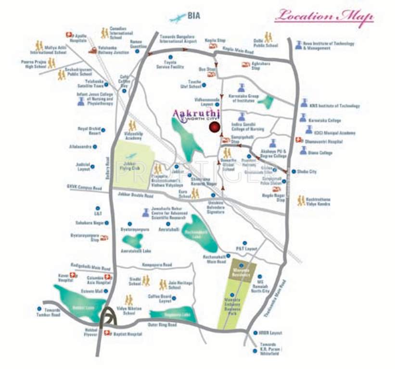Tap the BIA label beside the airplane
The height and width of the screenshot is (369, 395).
(193, 16)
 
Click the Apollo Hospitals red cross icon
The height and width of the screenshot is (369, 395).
(69, 35)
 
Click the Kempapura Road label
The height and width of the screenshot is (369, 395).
(157, 265)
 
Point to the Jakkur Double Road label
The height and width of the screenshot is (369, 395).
(135, 196)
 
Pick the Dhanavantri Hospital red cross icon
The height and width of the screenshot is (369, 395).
(299, 141)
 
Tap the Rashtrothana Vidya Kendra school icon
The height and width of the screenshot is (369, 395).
(301, 201)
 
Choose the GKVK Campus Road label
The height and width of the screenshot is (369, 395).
(85, 187)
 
